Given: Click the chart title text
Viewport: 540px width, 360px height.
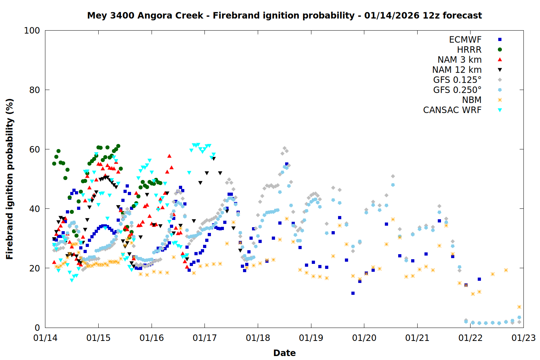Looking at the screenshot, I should pyautogui.click(x=284, y=15).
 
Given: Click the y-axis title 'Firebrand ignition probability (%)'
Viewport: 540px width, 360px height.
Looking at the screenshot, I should pyautogui.click(x=9, y=179).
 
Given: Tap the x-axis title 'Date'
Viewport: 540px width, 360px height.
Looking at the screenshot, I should pyautogui.click(x=284, y=353).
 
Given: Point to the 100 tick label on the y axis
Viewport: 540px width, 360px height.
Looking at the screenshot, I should pyautogui.click(x=32, y=31).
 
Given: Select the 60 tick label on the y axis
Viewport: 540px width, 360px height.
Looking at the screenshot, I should pyautogui.click(x=35, y=149).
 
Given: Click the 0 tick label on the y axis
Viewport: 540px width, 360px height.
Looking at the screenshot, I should pyautogui.click(x=37, y=328).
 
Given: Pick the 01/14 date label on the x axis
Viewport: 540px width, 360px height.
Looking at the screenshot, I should pyautogui.click(x=45, y=338).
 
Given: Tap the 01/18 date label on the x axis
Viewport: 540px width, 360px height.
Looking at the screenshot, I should pyautogui.click(x=258, y=338).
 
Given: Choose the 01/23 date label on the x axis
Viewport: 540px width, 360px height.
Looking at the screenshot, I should pyautogui.click(x=523, y=338).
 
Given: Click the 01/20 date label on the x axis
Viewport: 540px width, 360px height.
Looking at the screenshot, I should pyautogui.click(x=364, y=338).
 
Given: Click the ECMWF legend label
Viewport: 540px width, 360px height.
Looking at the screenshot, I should pyautogui.click(x=465, y=40).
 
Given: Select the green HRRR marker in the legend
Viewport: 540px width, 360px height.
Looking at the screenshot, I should pyautogui.click(x=500, y=50).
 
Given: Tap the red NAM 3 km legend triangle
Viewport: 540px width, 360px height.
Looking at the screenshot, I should pyautogui.click(x=500, y=59).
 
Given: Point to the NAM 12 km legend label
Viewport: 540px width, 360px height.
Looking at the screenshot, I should pyautogui.click(x=457, y=70).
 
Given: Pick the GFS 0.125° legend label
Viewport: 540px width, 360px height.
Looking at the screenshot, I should pyautogui.click(x=457, y=80).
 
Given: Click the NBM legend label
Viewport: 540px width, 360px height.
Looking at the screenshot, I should pyautogui.click(x=472, y=100).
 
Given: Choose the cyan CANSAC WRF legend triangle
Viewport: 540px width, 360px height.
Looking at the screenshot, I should pyautogui.click(x=500, y=110).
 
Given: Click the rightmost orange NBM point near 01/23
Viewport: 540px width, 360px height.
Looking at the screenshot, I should pyautogui.click(x=519, y=307).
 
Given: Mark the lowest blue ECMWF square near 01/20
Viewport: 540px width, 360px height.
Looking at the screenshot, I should pyautogui.click(x=353, y=293).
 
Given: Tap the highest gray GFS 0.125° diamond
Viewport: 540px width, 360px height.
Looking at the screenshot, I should pyautogui.click(x=284, y=148).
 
